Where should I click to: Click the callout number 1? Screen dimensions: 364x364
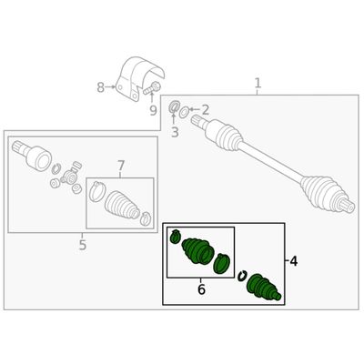(x=258, y=83)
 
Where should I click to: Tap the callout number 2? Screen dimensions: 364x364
(x=206, y=110)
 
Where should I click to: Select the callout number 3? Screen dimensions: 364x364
(x=175, y=132)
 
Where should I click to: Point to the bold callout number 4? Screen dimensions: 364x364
(x=293, y=261)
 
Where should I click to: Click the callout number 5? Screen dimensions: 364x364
(x=83, y=245)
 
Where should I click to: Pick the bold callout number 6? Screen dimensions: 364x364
(x=201, y=289)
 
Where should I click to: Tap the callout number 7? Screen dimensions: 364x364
(x=121, y=166)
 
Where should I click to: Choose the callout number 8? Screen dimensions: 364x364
(x=101, y=87)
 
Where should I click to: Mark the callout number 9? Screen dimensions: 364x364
(x=153, y=111)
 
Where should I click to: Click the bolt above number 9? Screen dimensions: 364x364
(x=152, y=88)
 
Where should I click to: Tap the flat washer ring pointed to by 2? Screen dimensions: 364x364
(x=183, y=113)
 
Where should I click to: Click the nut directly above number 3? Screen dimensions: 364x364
(x=174, y=107)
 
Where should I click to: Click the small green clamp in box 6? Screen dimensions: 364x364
(x=175, y=237)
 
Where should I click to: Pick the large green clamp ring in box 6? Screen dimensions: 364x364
(x=222, y=264)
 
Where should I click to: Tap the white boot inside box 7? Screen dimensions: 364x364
(x=122, y=205)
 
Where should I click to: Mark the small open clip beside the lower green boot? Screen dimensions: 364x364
(x=242, y=276)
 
